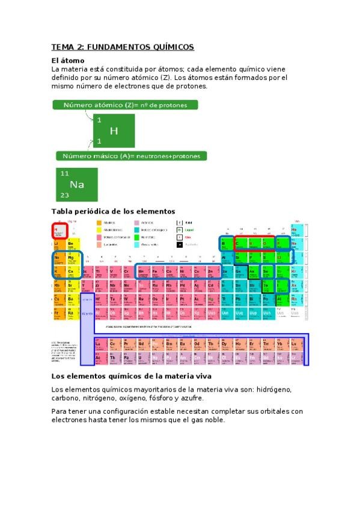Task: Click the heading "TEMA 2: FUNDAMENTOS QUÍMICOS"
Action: pyautogui.click(x=123, y=47)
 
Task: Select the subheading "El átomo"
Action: pyautogui.click(x=68, y=61)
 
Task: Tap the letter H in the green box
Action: pyautogui.click(x=114, y=131)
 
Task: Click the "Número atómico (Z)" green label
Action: pyautogui.click(x=129, y=105)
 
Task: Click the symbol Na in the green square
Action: pyautogui.click(x=77, y=184)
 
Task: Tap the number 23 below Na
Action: pyautogui.click(x=64, y=195)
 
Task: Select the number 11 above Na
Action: pyautogui.click(x=64, y=173)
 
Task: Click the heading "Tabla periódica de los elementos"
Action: pyautogui.click(x=113, y=211)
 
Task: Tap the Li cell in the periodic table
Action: pyautogui.click(x=57, y=243)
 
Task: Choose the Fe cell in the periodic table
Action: pyautogui.click(x=155, y=272)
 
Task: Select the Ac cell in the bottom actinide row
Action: pyautogui.click(x=98, y=358)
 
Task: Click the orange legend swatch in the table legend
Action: pyautogui.click(x=100, y=222)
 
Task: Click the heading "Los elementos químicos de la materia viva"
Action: pyautogui.click(x=131, y=376)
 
